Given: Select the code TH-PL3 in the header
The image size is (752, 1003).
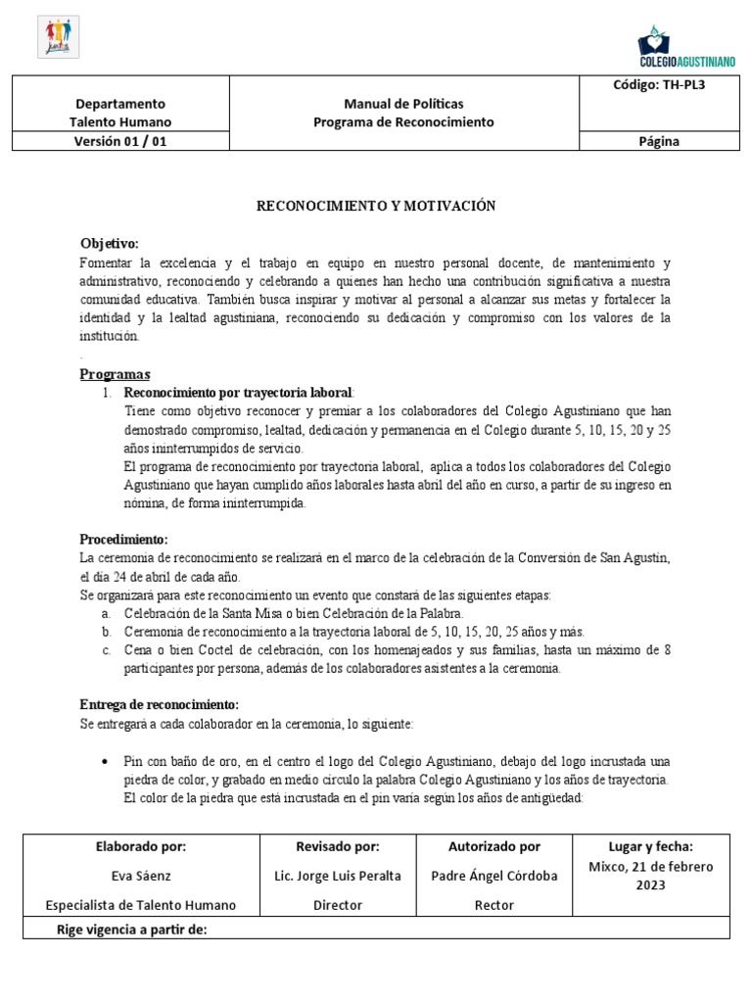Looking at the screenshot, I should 659,85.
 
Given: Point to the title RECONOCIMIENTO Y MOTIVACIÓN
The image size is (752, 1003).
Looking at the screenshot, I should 376,206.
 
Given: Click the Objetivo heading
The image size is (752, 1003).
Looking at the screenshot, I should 109,243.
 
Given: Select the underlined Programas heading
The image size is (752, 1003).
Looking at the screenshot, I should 115,374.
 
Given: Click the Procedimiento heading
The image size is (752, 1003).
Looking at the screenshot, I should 123,539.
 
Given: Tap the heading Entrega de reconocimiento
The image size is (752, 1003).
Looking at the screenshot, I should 158,704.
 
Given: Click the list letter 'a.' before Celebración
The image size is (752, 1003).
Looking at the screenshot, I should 107,612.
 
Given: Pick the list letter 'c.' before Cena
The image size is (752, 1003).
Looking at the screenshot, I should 107,650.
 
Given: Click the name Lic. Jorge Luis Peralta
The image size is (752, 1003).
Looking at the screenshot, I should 337,876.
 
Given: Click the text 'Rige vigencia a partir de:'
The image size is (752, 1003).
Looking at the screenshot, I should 130,930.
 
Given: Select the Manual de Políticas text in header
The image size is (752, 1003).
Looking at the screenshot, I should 403,104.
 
